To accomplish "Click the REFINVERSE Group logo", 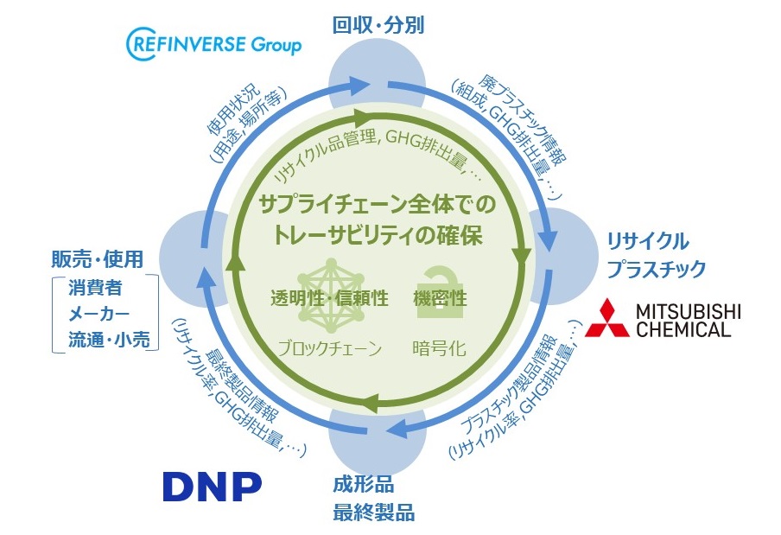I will (x=214, y=42).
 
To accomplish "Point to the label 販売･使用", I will (x=97, y=259).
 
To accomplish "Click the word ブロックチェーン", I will (x=329, y=349).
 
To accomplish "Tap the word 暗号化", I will (x=440, y=349).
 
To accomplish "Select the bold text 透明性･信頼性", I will (x=328, y=300).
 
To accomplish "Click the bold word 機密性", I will (x=440, y=300).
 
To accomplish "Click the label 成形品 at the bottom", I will (x=359, y=486).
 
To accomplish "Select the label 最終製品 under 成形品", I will (x=373, y=513).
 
